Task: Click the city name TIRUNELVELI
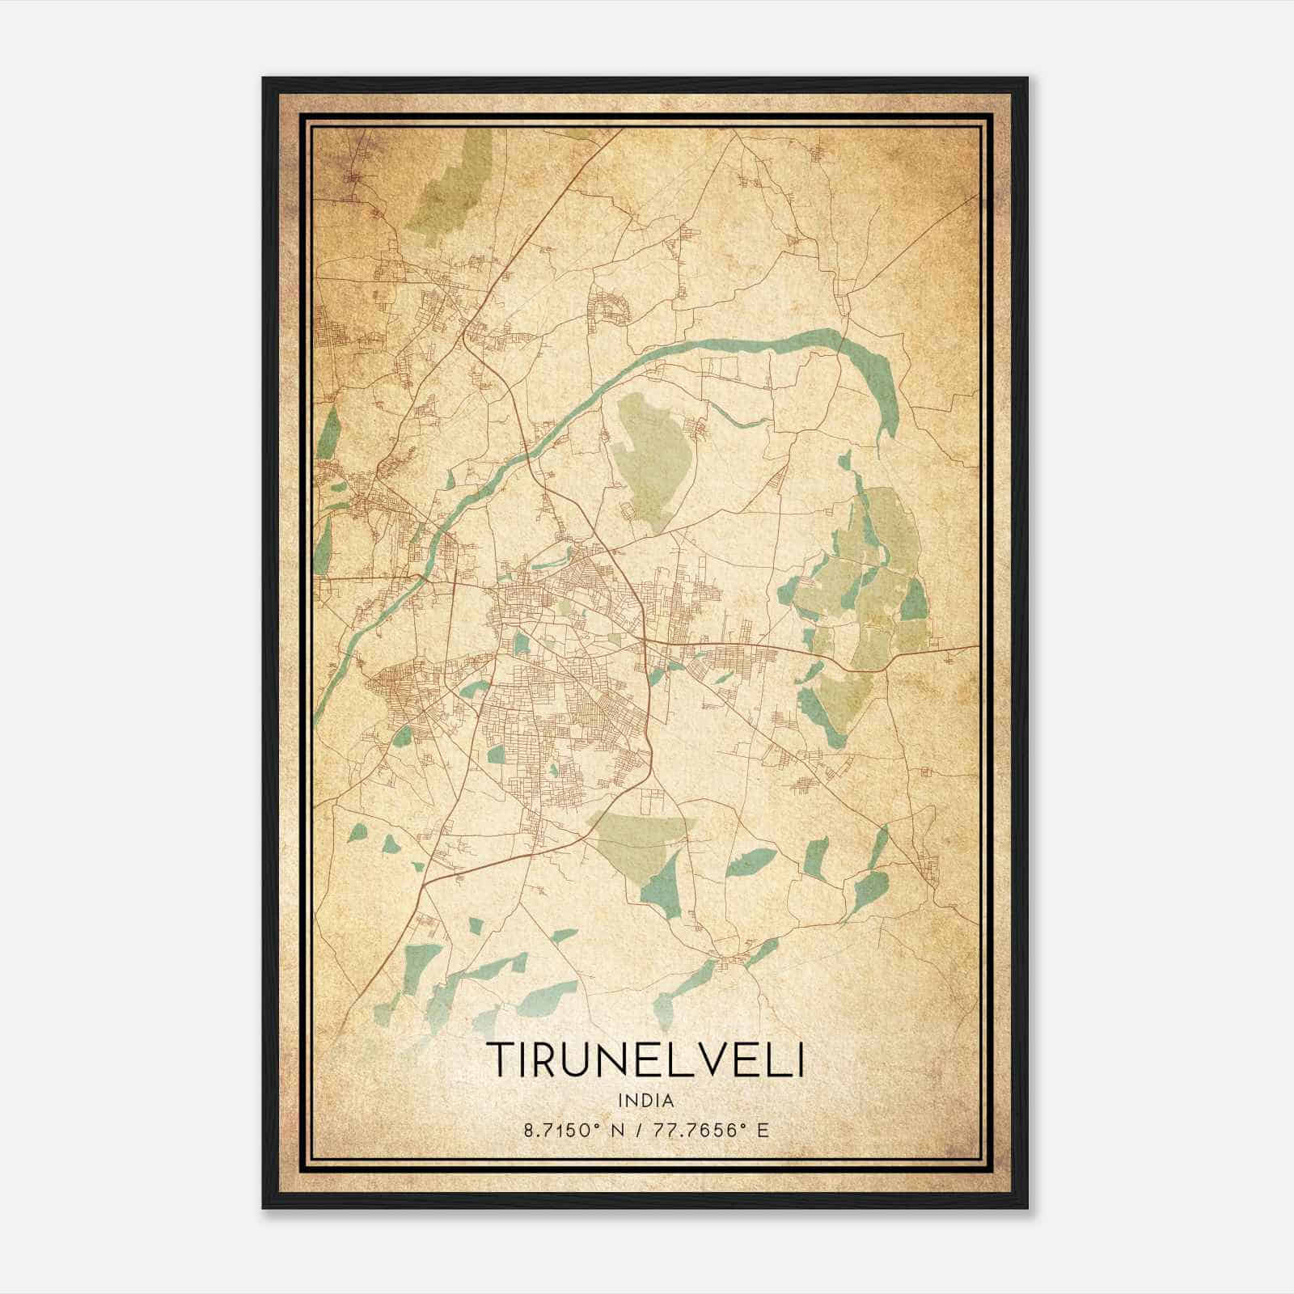(646, 1059)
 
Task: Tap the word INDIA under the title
(646, 1101)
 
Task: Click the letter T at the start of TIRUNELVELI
(500, 1059)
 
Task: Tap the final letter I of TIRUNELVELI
(800, 1059)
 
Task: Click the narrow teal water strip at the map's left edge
(328, 433)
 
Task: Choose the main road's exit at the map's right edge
(977, 646)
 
